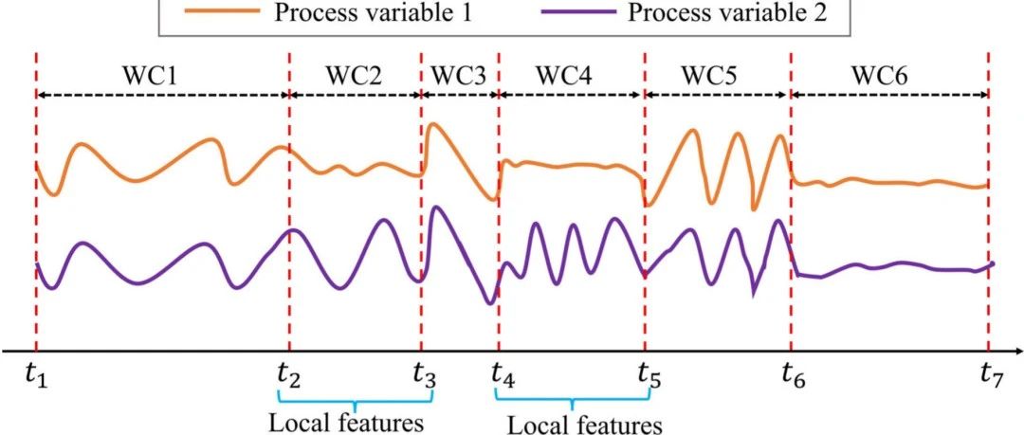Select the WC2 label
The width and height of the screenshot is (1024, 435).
354,75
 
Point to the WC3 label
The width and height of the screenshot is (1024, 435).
459,75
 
